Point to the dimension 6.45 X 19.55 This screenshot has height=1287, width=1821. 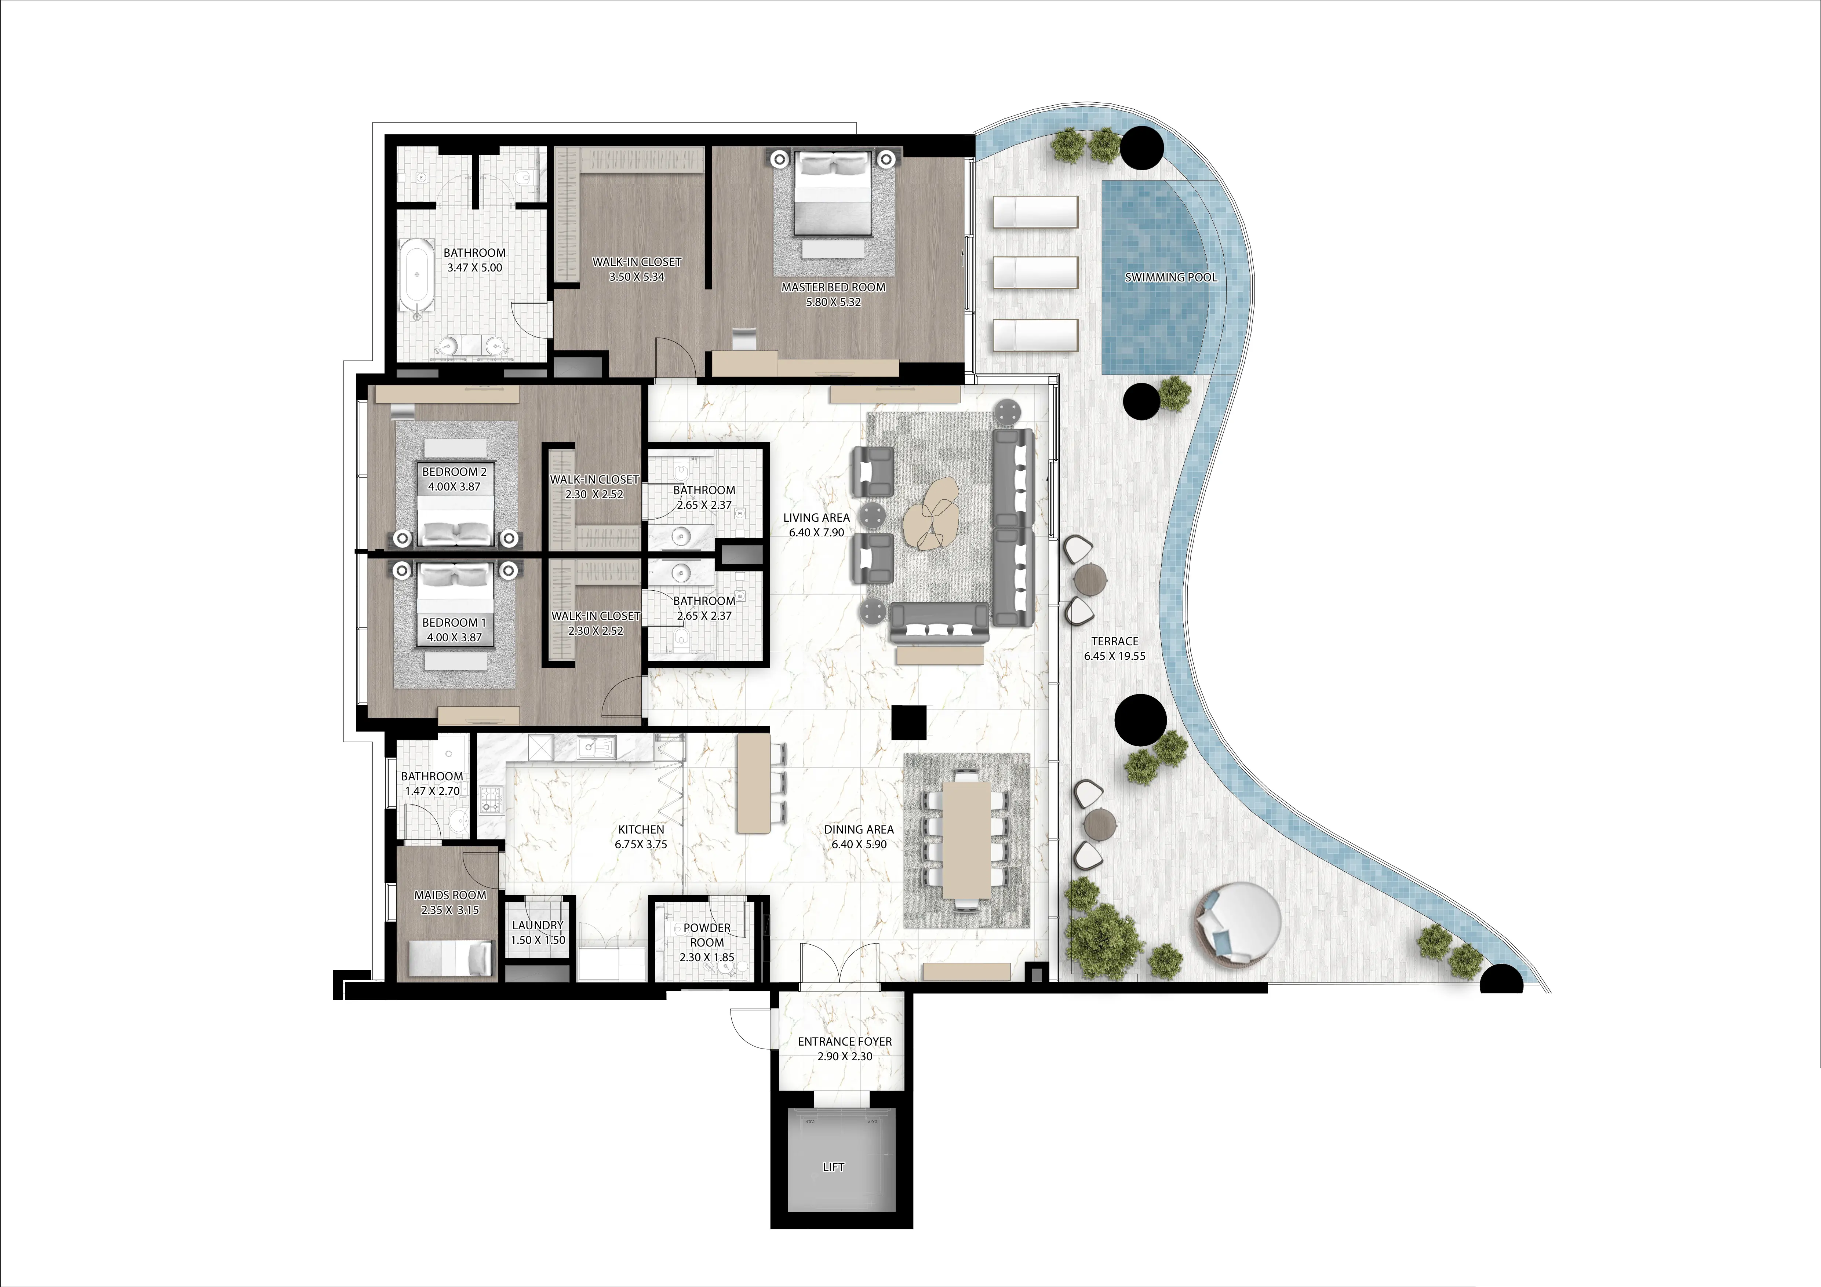[x=1114, y=656]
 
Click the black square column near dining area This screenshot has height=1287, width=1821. [x=908, y=722]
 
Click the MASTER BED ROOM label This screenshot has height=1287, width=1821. [x=833, y=287]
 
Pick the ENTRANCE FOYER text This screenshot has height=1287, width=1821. [x=845, y=1041]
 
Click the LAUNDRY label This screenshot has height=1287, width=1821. [x=538, y=925]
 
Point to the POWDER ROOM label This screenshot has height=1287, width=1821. [x=707, y=935]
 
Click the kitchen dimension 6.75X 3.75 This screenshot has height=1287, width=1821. [x=641, y=845]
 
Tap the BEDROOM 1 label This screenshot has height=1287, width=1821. [x=455, y=623]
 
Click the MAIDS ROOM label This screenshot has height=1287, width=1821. [x=450, y=894]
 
